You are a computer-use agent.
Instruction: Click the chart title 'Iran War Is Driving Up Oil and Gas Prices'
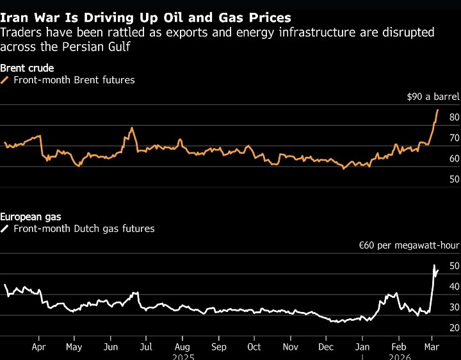pyautogui.click(x=146, y=17)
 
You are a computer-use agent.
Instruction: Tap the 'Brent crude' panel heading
pyautogui.click(x=26, y=68)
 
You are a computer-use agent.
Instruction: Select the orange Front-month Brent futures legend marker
pyautogui.click(x=5, y=80)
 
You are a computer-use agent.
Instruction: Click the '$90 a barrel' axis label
pyautogui.click(x=432, y=97)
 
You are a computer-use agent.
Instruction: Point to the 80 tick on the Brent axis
pyautogui.click(x=437, y=117)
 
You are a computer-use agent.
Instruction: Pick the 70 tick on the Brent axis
pyautogui.click(x=437, y=138)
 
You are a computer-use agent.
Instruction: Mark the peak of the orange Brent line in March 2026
pyautogui.click(x=437, y=110)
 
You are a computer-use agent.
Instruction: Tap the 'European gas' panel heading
pyautogui.click(x=31, y=217)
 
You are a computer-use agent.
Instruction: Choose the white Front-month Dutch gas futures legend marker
pyautogui.click(x=5, y=229)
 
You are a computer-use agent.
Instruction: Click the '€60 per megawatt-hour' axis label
pyautogui.click(x=408, y=246)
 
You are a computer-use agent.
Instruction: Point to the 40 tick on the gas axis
pyautogui.click(x=437, y=286)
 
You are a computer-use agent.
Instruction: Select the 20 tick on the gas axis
pyautogui.click(x=437, y=328)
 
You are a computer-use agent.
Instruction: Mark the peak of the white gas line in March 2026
pyautogui.click(x=435, y=265)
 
